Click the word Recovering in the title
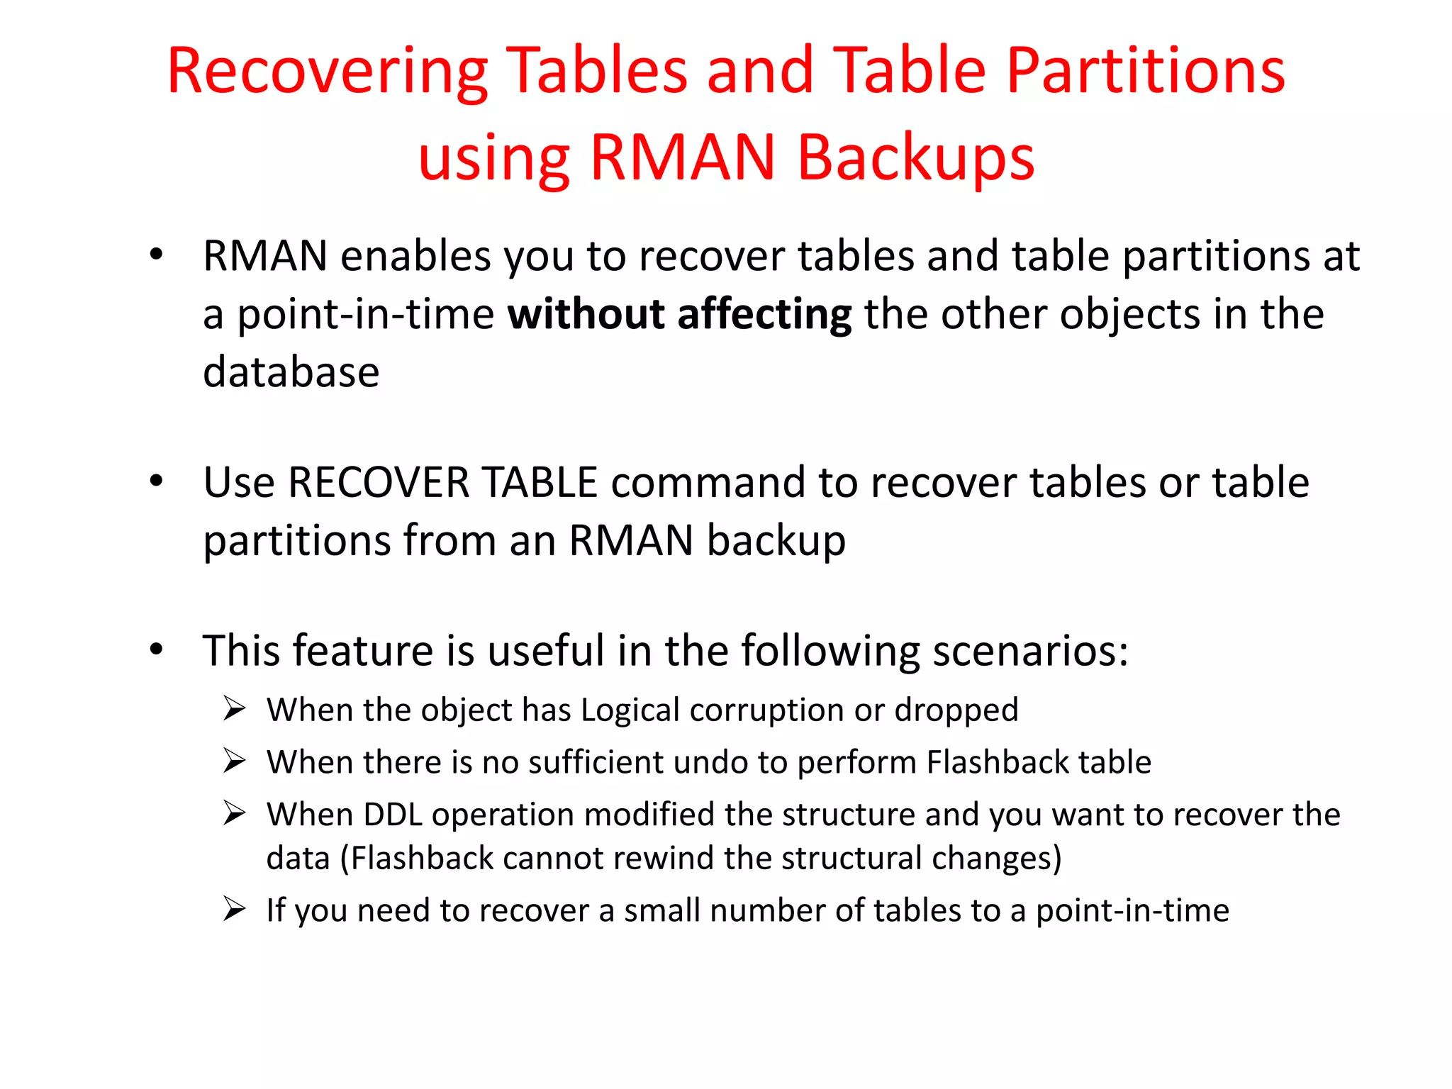click(327, 71)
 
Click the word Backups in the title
click(915, 157)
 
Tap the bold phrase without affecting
click(679, 314)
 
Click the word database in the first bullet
click(291, 372)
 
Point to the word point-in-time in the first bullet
click(365, 314)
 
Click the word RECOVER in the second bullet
click(379, 483)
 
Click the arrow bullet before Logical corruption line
click(234, 708)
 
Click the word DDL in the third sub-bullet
click(392, 815)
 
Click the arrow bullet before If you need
click(234, 909)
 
